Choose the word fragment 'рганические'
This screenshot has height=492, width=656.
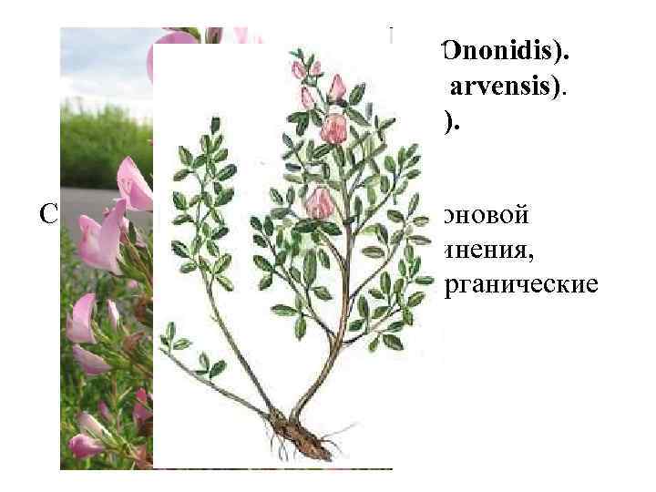[x=520, y=285]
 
